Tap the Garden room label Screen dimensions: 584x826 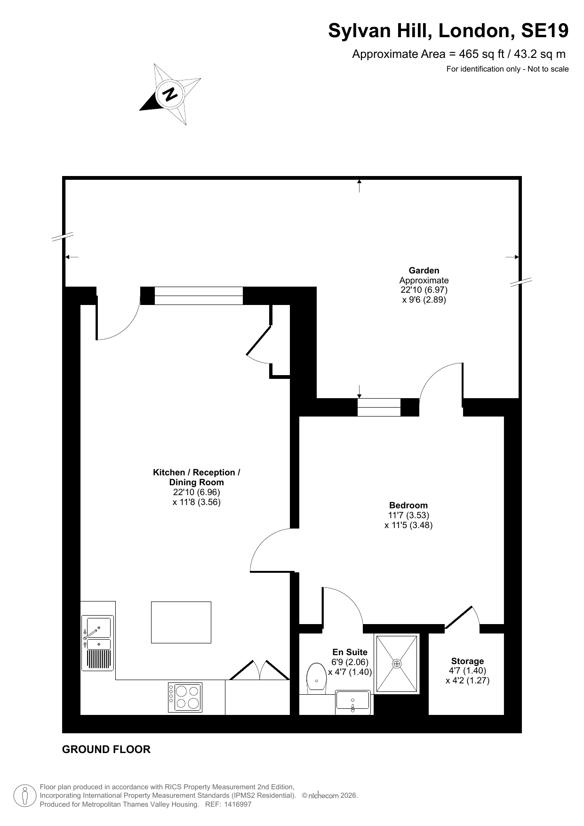(x=424, y=271)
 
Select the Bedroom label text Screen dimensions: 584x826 (x=408, y=505)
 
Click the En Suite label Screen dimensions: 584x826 (x=350, y=652)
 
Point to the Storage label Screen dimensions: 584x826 (x=467, y=661)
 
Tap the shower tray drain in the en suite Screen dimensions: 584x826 (x=397, y=664)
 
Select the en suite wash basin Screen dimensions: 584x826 (x=353, y=702)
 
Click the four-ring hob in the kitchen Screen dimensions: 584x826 (x=185, y=697)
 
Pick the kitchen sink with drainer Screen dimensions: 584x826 (x=98, y=642)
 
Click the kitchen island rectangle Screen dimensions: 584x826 (x=181, y=622)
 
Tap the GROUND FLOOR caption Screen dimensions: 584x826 (x=106, y=749)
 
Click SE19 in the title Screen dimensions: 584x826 (x=544, y=31)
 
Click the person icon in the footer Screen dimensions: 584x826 (x=25, y=796)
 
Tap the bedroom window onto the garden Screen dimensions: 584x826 (x=379, y=407)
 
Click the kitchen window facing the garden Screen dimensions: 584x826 (x=199, y=296)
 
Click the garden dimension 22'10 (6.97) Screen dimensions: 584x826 (x=424, y=290)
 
